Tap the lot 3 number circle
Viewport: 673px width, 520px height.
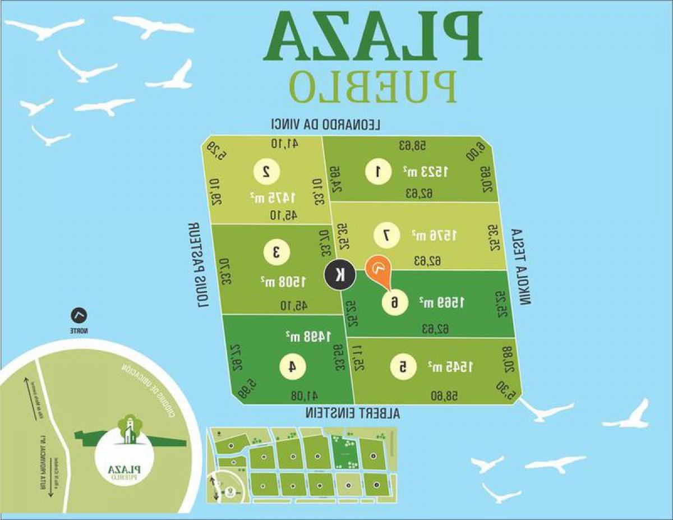tap(276, 252)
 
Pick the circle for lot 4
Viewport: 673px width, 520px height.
tap(293, 367)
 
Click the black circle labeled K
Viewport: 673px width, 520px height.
tap(340, 275)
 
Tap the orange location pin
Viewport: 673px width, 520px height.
tap(379, 270)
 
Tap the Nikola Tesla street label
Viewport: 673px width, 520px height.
tap(522, 267)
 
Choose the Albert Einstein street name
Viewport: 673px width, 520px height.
tap(353, 413)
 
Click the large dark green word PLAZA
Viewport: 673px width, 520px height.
tap(372, 37)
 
